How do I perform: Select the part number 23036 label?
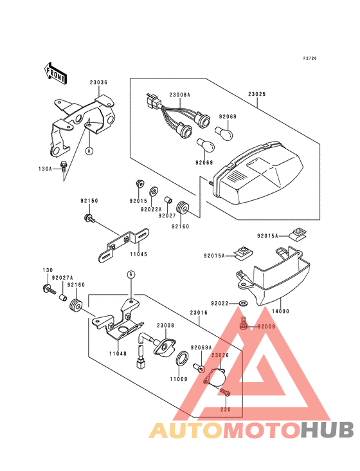pos(98,82)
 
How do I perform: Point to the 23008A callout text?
pos(179,95)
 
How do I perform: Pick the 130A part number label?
pos(44,169)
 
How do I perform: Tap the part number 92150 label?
pos(89,201)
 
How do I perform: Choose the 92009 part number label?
pos(266,327)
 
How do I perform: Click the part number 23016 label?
pos(198,313)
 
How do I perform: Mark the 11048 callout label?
pos(117,353)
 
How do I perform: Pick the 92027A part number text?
pos(62,277)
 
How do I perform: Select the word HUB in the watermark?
pos(327,430)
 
